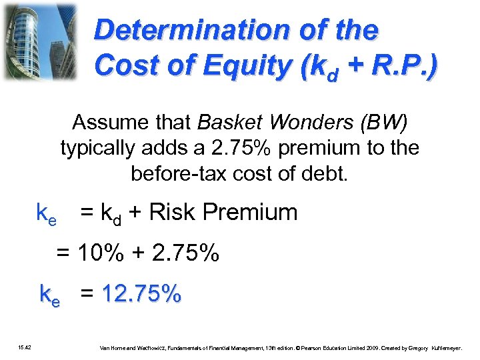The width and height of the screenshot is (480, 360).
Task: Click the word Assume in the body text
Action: point(107,123)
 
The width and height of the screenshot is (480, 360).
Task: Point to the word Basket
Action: point(224,123)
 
